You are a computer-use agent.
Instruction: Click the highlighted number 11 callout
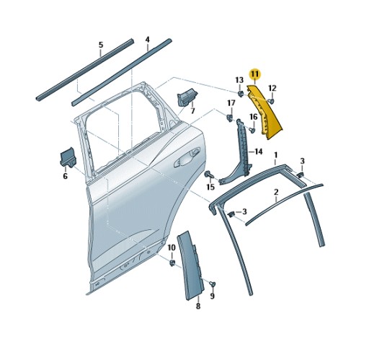(x=254, y=74)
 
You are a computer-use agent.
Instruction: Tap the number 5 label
(x=101, y=45)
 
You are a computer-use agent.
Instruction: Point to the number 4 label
(x=147, y=40)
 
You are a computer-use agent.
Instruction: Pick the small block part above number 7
(x=187, y=96)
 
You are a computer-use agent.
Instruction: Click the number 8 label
(x=198, y=307)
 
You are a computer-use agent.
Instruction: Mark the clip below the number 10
(x=172, y=262)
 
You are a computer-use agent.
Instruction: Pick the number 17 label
(x=231, y=103)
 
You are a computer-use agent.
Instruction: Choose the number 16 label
(x=254, y=117)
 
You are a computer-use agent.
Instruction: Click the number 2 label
(x=275, y=193)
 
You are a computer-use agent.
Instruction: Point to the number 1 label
(x=275, y=155)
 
